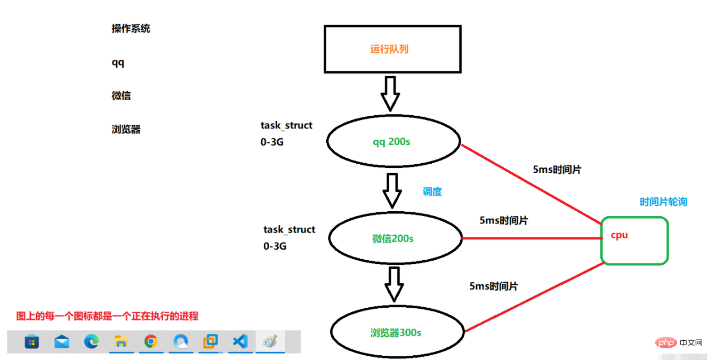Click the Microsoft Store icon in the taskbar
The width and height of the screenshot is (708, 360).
click(x=32, y=342)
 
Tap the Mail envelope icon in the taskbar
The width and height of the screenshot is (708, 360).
click(x=62, y=342)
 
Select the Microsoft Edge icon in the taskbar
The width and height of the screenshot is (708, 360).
click(x=91, y=342)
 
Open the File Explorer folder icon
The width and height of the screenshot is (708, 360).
click(x=121, y=342)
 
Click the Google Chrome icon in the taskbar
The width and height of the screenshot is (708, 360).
click(x=151, y=342)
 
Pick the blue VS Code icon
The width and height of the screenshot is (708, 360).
click(x=240, y=342)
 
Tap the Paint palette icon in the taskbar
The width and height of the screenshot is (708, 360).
click(x=270, y=342)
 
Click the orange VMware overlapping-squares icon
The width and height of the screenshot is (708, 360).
click(x=211, y=342)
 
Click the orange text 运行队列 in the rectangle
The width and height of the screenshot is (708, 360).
click(x=389, y=50)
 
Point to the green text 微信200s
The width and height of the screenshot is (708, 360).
click(x=393, y=238)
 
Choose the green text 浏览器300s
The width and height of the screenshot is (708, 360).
click(x=396, y=333)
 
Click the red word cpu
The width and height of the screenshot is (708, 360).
click(x=619, y=235)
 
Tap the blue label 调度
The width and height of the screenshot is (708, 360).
click(x=432, y=192)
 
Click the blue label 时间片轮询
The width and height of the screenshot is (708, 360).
click(x=663, y=202)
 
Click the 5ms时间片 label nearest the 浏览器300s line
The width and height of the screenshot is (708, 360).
click(x=493, y=286)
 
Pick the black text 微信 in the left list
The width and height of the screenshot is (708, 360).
click(x=121, y=96)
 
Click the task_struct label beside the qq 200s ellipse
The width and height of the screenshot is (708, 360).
click(x=286, y=125)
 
